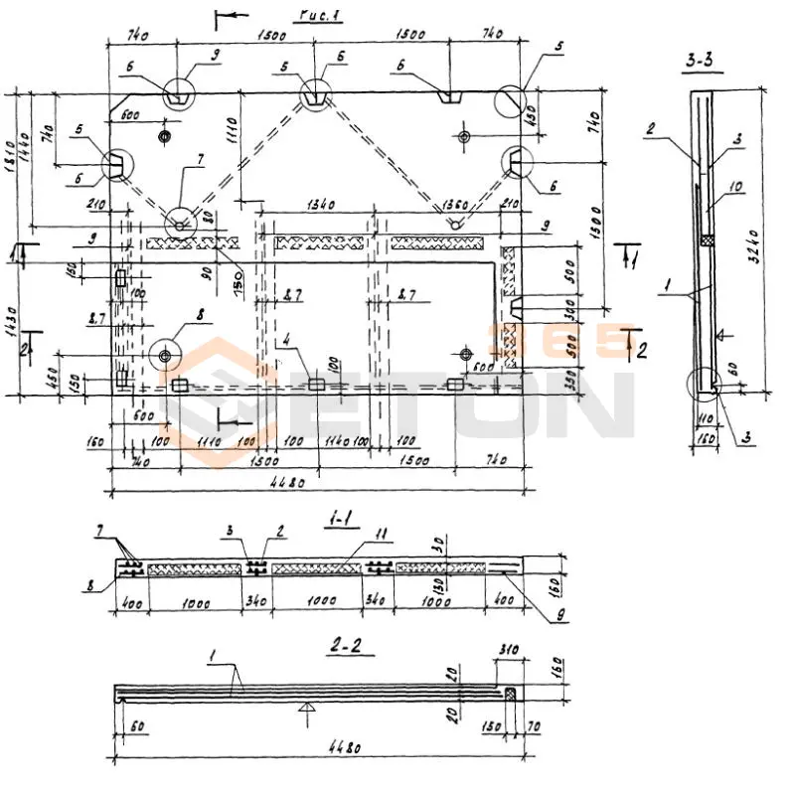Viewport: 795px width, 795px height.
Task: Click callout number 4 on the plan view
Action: (x=286, y=341)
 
